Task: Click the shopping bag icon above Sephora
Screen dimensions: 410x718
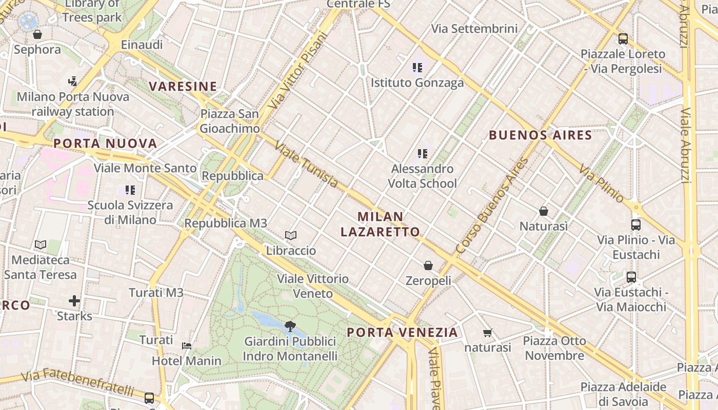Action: [37, 34]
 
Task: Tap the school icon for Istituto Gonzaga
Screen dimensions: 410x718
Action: [417, 67]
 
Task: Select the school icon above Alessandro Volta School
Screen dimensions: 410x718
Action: [422, 153]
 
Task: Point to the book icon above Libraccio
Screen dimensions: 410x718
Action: [291, 235]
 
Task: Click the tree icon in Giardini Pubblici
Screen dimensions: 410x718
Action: [290, 326]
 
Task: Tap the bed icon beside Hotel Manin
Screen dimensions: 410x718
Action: [187, 345]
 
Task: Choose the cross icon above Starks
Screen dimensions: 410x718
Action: [74, 300]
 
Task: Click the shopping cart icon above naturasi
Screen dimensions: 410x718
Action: [487, 333]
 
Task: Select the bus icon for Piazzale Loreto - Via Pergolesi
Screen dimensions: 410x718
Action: [623, 38]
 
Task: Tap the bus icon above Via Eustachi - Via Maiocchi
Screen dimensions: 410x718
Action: [631, 277]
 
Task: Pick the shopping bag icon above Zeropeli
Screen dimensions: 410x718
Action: [428, 265]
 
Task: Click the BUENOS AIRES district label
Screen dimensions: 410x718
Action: [541, 135]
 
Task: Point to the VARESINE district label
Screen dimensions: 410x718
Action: [183, 86]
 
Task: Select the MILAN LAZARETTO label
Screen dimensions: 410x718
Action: [381, 224]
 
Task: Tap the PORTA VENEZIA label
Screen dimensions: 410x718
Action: [402, 332]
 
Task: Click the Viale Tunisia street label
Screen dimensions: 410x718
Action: [307, 165]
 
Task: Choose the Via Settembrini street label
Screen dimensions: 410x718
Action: [474, 29]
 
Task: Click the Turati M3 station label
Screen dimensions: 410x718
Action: [156, 293]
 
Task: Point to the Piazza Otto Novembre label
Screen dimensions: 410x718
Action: [554, 348]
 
